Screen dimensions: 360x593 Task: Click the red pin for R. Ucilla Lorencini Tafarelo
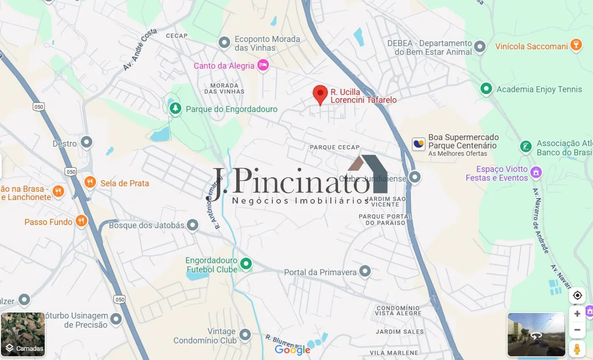[320, 93]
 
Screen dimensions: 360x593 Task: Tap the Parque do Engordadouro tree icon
[175, 108]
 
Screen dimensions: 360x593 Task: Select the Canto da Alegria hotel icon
[263, 65]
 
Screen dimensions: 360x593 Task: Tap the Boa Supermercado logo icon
[418, 144]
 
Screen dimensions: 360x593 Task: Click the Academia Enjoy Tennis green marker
[486, 89]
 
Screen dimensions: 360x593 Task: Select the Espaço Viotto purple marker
[536, 172]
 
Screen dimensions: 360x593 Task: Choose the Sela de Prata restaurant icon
[90, 182]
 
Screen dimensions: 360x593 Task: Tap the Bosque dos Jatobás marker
[193, 225]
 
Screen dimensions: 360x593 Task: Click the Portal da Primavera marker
[365, 271]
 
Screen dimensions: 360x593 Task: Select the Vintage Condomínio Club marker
[245, 335]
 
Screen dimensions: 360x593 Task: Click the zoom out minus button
[577, 330]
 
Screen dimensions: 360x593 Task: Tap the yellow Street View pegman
[577, 349]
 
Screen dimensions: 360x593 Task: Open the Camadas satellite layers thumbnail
[23, 335]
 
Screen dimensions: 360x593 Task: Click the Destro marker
[86, 142]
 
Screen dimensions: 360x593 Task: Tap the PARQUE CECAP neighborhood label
[335, 147]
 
